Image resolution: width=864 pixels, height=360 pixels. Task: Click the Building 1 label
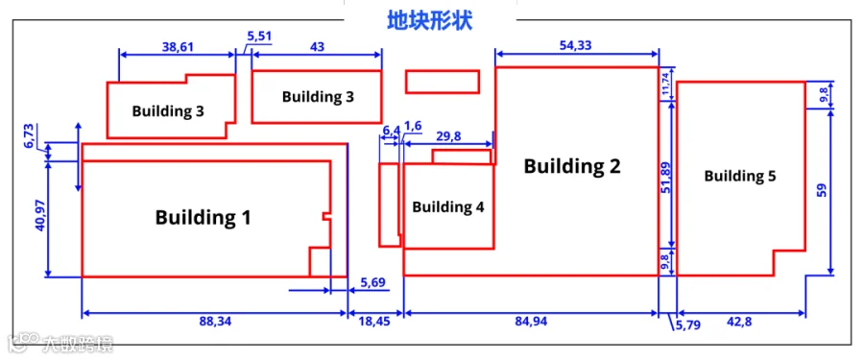click(203, 217)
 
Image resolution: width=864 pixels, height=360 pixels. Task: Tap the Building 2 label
click(572, 166)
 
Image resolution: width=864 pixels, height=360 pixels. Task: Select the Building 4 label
click(448, 207)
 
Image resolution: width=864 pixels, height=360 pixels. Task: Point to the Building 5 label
click(740, 177)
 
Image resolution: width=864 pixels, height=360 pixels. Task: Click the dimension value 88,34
click(213, 322)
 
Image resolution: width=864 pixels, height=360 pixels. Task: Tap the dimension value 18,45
click(375, 322)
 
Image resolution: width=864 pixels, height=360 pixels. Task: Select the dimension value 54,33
click(575, 46)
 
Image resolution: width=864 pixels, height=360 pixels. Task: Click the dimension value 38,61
click(179, 47)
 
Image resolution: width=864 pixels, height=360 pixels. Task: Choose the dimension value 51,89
click(664, 177)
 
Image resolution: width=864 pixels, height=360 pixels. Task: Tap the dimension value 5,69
click(373, 282)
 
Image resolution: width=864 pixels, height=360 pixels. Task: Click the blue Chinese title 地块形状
click(429, 21)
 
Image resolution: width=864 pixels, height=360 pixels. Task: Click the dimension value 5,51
click(259, 36)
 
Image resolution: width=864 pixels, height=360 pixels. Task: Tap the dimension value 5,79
click(686, 326)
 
